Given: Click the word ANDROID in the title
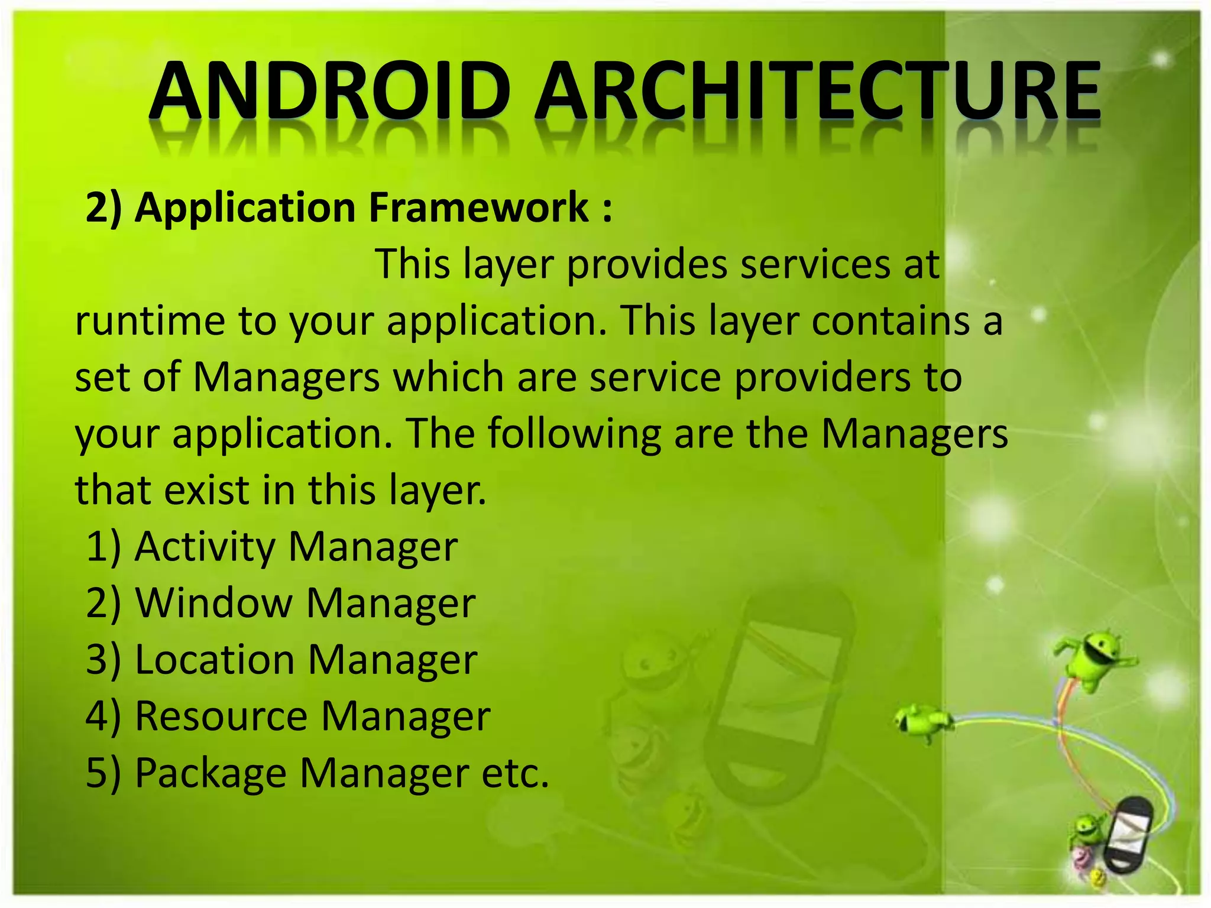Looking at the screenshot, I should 329,92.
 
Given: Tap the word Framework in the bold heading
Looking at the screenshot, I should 479,207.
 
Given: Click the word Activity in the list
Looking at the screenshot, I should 205,547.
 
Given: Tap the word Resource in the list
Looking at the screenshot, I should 221,716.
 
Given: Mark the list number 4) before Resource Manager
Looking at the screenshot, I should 103,716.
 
